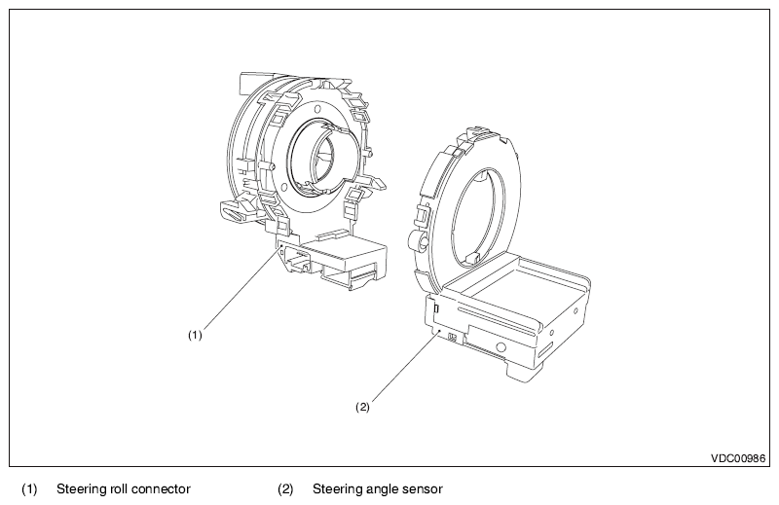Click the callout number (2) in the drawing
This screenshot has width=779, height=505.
tap(362, 408)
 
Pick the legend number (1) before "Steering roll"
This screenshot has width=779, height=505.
tap(29, 488)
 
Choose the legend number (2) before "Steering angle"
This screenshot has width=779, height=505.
tap(285, 488)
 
